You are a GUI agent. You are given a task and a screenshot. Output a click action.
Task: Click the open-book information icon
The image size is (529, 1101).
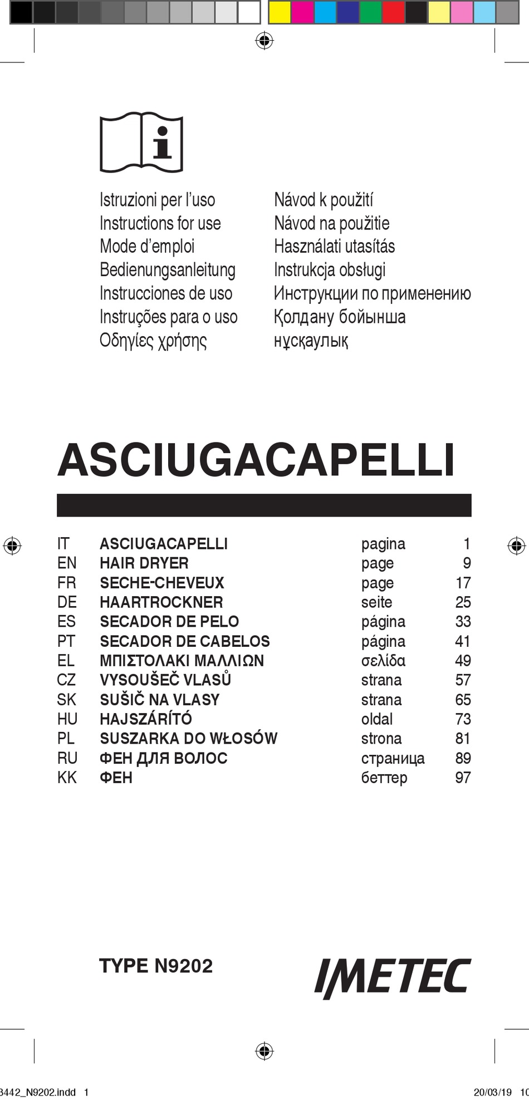click(141, 144)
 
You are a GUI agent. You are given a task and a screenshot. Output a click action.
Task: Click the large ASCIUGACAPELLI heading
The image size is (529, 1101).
click(256, 460)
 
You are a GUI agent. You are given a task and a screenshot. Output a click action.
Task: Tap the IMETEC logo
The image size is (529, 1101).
click(393, 978)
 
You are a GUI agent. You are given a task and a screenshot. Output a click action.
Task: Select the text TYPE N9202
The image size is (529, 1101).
click(156, 966)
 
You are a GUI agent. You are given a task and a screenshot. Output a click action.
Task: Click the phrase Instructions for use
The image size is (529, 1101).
click(160, 223)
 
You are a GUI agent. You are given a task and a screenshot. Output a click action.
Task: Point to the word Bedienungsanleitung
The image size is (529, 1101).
click(167, 270)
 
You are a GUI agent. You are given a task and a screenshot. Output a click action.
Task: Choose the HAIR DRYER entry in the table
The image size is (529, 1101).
click(144, 563)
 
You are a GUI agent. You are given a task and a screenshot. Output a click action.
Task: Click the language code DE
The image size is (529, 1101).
click(67, 602)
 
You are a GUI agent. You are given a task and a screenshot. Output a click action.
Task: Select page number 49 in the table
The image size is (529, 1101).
click(463, 661)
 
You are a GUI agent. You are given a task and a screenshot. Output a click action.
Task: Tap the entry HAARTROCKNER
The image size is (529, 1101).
click(161, 602)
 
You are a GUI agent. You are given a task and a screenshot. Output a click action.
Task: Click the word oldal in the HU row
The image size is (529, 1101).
click(376, 719)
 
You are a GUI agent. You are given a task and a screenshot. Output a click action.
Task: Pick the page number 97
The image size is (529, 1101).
click(463, 778)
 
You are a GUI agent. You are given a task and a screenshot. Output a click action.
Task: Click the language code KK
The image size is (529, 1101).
click(67, 778)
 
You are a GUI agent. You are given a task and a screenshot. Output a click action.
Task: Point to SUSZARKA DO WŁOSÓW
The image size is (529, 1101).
click(188, 739)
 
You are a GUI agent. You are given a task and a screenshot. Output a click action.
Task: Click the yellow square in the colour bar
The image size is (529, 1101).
click(280, 12)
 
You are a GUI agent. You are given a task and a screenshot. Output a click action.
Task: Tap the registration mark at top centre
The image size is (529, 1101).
click(264, 40)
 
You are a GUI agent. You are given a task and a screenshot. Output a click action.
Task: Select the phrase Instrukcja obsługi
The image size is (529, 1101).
click(329, 270)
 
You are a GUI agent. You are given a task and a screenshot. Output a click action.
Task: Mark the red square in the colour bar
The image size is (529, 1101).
click(393, 12)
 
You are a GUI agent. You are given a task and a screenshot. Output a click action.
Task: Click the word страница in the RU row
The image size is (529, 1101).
click(393, 758)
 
